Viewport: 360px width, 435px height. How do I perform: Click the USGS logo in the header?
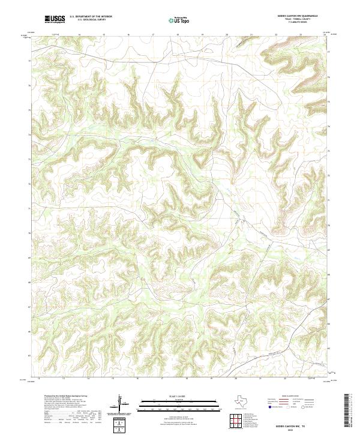tap(55, 19)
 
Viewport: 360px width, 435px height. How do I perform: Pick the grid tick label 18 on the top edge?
tap(178, 35)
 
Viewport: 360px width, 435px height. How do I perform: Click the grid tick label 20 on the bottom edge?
tap(236, 379)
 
